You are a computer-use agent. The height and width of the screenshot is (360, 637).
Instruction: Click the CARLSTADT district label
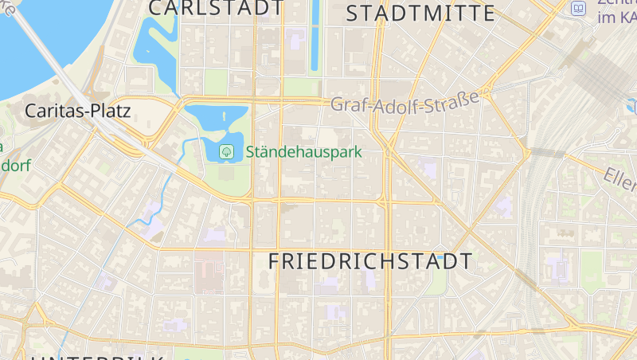(215, 8)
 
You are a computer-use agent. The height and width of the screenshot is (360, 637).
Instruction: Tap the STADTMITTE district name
(421, 13)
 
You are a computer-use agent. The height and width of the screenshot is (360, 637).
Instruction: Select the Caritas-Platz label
(77, 111)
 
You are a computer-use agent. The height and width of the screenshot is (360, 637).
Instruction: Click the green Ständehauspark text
(303, 151)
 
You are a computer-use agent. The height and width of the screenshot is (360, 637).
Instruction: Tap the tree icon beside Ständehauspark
(226, 150)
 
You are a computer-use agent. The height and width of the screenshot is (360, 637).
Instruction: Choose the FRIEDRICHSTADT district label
(370, 261)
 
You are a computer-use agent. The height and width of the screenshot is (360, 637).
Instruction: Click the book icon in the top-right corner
(579, 9)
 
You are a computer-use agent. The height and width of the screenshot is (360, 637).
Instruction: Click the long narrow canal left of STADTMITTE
(315, 36)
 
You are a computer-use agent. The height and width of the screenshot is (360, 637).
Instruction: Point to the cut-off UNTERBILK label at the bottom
(96, 356)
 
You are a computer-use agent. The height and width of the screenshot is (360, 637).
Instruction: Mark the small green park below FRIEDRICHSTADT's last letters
(436, 284)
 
